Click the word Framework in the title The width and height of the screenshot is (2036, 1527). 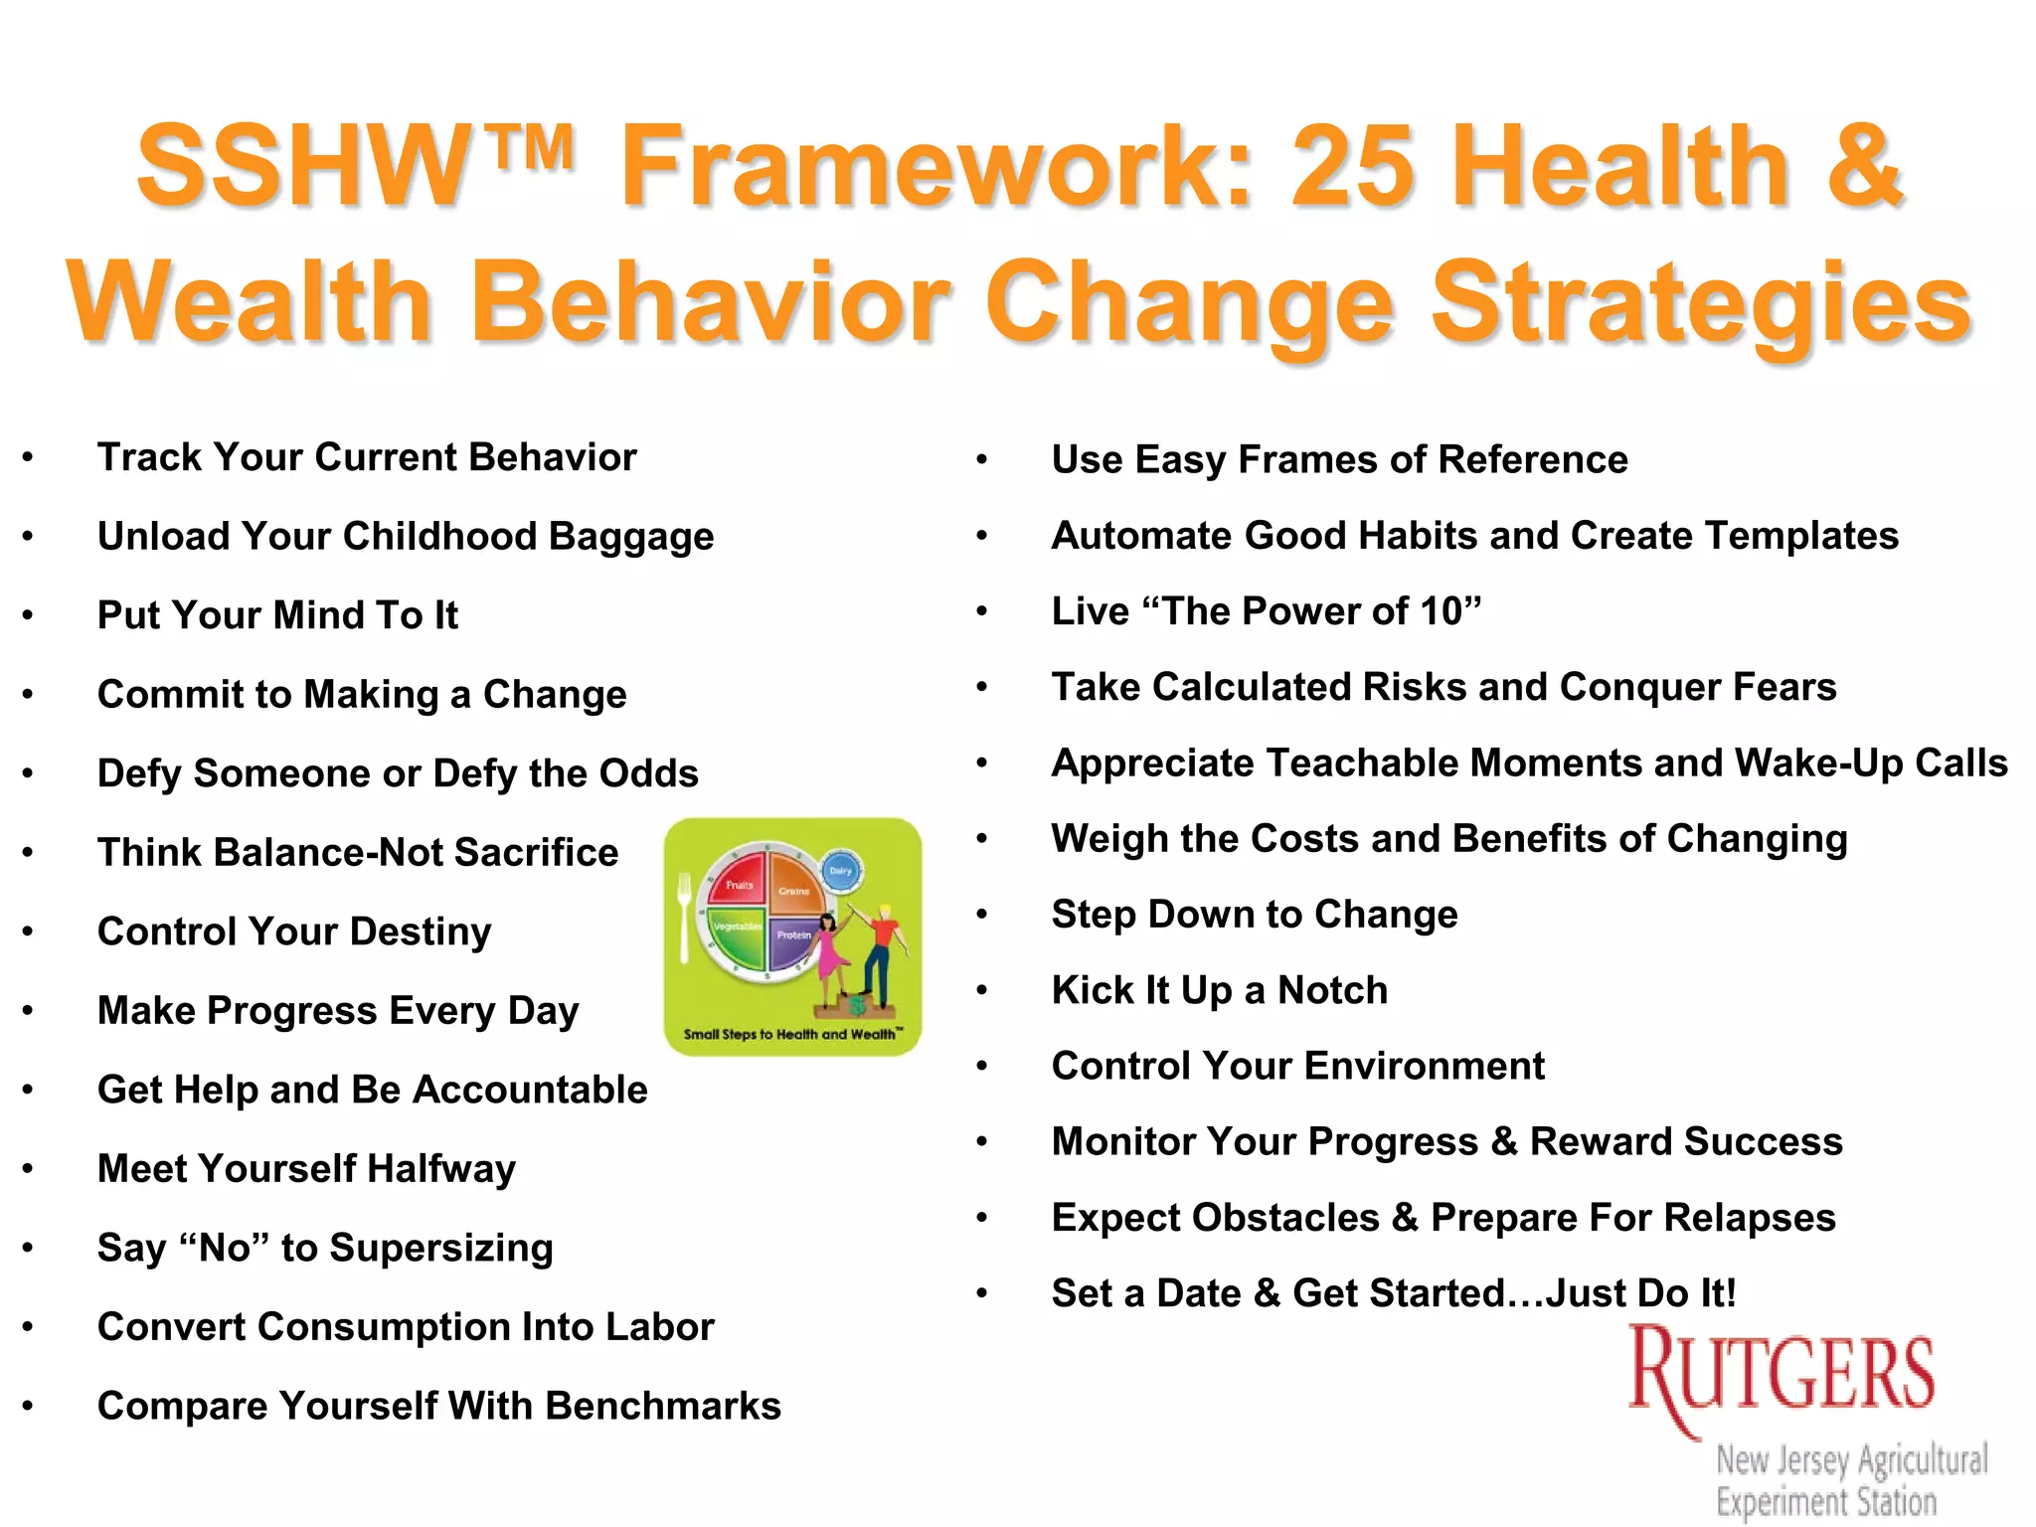tap(934, 167)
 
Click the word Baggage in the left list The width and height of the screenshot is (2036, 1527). tap(631, 537)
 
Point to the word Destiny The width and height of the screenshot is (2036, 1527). tap(421, 933)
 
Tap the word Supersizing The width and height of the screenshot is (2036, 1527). tap(441, 1249)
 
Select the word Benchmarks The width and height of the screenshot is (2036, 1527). tap(663, 1407)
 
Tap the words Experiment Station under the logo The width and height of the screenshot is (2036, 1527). tap(1825, 1501)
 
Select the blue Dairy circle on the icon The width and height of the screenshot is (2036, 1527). tap(841, 871)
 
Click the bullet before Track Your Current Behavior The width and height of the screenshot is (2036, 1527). tap(28, 457)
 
